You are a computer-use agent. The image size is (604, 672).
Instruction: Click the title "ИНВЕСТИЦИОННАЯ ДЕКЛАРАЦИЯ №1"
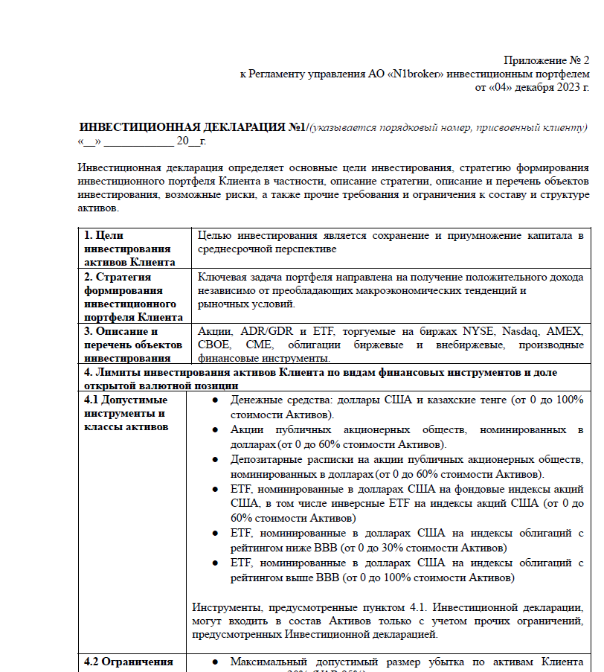click(x=193, y=127)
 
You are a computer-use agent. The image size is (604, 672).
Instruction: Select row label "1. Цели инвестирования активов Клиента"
click(x=127, y=249)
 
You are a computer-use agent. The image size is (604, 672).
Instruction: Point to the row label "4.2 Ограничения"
click(x=128, y=662)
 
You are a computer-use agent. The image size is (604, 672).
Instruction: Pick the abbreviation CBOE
click(x=214, y=345)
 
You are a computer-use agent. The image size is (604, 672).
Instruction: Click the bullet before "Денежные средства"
click(x=215, y=400)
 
